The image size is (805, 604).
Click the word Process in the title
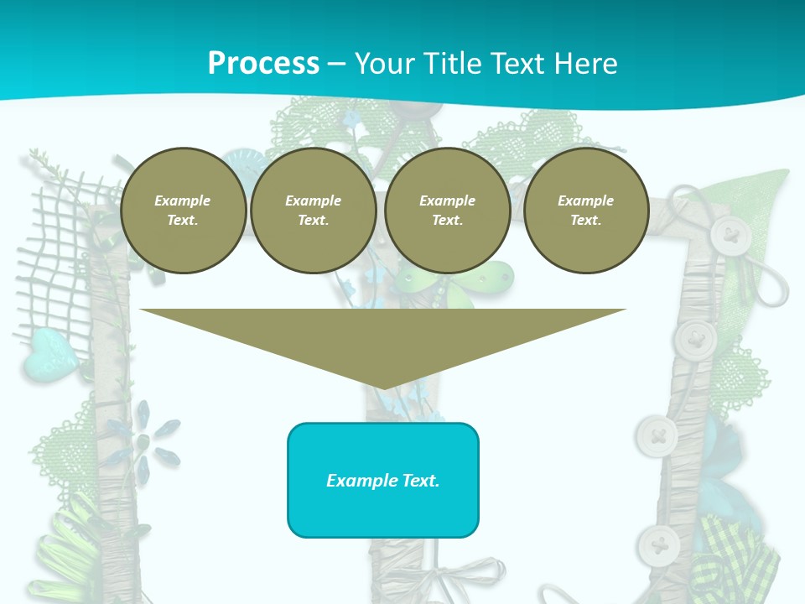click(x=263, y=64)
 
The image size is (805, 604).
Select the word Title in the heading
click(x=454, y=64)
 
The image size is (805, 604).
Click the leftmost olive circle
click(x=183, y=211)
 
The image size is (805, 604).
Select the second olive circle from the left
click(x=313, y=211)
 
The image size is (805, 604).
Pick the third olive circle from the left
click(x=447, y=211)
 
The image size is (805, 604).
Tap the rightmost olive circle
click(x=585, y=211)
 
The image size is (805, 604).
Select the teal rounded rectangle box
click(x=383, y=480)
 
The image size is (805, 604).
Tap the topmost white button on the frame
click(x=730, y=236)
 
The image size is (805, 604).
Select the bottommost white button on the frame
click(x=658, y=546)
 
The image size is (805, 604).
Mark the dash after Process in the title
click(x=336, y=64)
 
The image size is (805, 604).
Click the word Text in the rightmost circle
click(x=585, y=221)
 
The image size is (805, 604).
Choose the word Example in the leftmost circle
click(x=183, y=200)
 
